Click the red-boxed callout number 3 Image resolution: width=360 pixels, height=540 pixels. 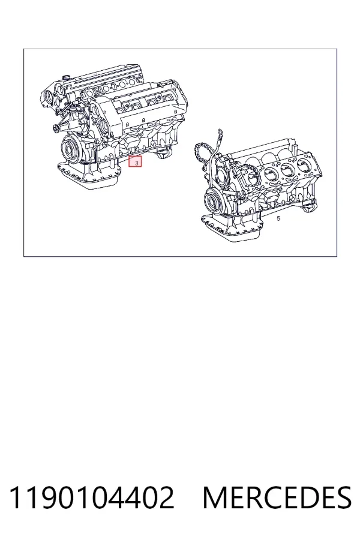pos(135,161)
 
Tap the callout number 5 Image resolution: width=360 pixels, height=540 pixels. pos(278,218)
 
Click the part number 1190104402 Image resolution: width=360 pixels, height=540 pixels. pos(92,497)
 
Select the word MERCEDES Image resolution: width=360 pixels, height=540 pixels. pos(277,497)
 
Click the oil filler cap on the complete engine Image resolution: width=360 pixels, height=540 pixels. pos(66,77)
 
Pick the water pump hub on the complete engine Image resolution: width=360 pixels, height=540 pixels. pos(56,129)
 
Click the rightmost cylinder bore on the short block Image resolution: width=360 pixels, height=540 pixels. pos(304,167)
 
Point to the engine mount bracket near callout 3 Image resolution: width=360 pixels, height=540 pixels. pos(163,153)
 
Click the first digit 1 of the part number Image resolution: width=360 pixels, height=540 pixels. pos(16,497)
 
